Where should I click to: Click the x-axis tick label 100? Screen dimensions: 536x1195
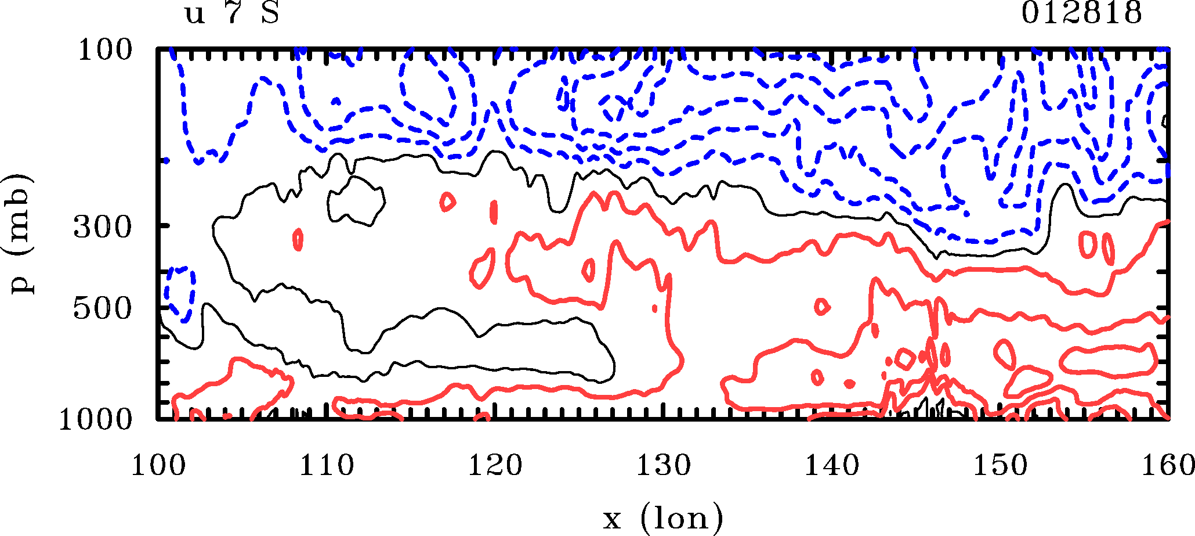[158, 466]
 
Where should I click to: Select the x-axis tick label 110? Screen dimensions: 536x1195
[326, 466]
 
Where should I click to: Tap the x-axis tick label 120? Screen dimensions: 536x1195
[495, 466]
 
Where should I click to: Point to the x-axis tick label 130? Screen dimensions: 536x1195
[663, 466]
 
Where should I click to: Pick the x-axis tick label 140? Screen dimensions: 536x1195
[831, 466]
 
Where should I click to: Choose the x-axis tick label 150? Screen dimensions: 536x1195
[1000, 466]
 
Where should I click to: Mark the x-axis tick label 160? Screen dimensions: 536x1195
[1167, 466]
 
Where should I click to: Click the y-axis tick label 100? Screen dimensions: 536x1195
[105, 51]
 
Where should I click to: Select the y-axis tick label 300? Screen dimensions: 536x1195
[103, 228]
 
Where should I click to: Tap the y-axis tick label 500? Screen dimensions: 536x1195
[103, 309]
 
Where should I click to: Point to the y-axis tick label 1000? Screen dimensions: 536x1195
[96, 419]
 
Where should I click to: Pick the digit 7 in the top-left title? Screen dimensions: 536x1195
[233, 13]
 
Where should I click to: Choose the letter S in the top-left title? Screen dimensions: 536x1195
[270, 13]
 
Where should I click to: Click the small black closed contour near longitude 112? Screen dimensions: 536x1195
[356, 200]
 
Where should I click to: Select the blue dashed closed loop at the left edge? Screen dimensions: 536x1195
[180, 293]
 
